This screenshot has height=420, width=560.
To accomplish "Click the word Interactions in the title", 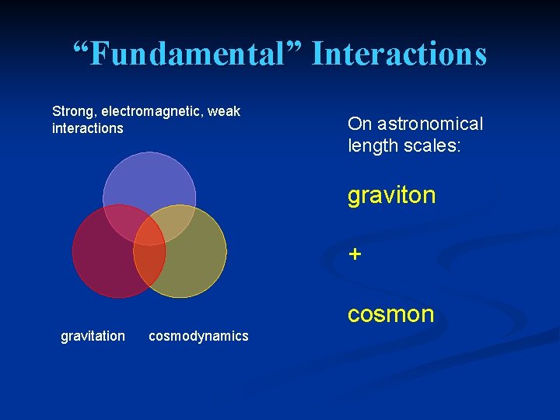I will tap(399, 54).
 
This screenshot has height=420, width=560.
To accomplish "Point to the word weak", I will tap(224, 111).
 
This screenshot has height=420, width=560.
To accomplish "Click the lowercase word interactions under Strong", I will tap(87, 128).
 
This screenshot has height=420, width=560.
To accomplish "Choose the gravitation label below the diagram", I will tap(93, 335).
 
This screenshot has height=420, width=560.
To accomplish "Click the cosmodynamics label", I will tap(198, 335).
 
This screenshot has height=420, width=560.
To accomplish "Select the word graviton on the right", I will tap(391, 195).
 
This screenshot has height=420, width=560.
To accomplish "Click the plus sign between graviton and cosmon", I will tap(355, 254).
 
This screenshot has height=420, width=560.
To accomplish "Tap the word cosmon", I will tap(390, 313).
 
